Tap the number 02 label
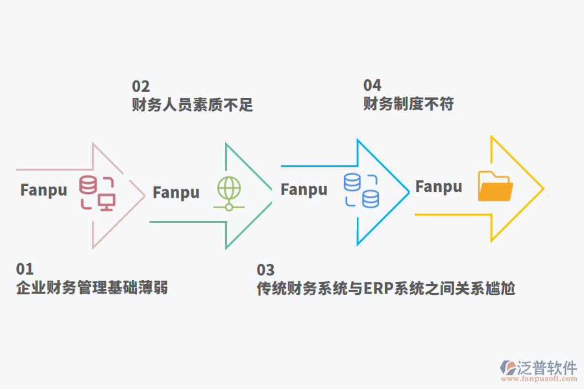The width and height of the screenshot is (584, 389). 141,87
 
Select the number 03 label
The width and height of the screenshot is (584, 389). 265,270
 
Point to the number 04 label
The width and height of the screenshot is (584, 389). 372,86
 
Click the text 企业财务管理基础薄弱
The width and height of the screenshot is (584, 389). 91,287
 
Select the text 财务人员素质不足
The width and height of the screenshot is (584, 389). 192,104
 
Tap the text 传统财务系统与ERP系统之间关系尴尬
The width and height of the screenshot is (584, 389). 385,289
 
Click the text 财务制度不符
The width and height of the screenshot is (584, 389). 408,103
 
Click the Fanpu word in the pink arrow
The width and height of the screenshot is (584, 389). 43,190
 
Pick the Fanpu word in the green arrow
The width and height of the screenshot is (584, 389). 176,193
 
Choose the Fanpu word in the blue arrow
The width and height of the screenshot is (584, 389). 304,189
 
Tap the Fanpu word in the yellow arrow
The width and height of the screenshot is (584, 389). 439,187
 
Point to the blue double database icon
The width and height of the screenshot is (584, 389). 361,190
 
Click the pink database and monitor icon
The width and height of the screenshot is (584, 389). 97,193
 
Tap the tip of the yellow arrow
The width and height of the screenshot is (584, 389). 542,189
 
